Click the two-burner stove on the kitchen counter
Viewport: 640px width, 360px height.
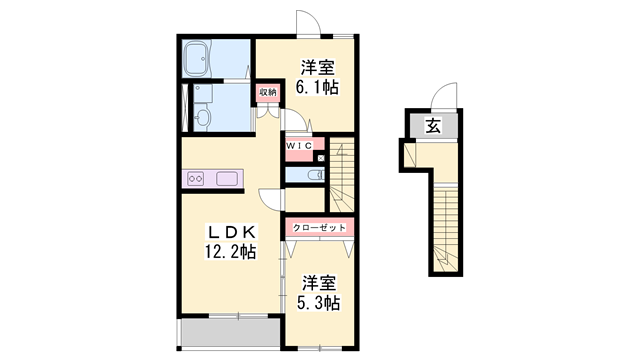[196, 180]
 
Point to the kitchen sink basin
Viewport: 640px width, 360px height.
[227, 180]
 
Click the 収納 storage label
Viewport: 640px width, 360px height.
[267, 93]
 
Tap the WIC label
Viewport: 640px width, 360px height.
[299, 147]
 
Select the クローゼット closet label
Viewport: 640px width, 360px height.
[320, 228]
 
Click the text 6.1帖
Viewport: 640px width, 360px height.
[318, 87]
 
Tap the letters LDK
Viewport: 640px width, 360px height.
[230, 231]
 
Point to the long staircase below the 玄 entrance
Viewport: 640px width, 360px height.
[446, 230]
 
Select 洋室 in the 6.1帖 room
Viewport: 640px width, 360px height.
[318, 67]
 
